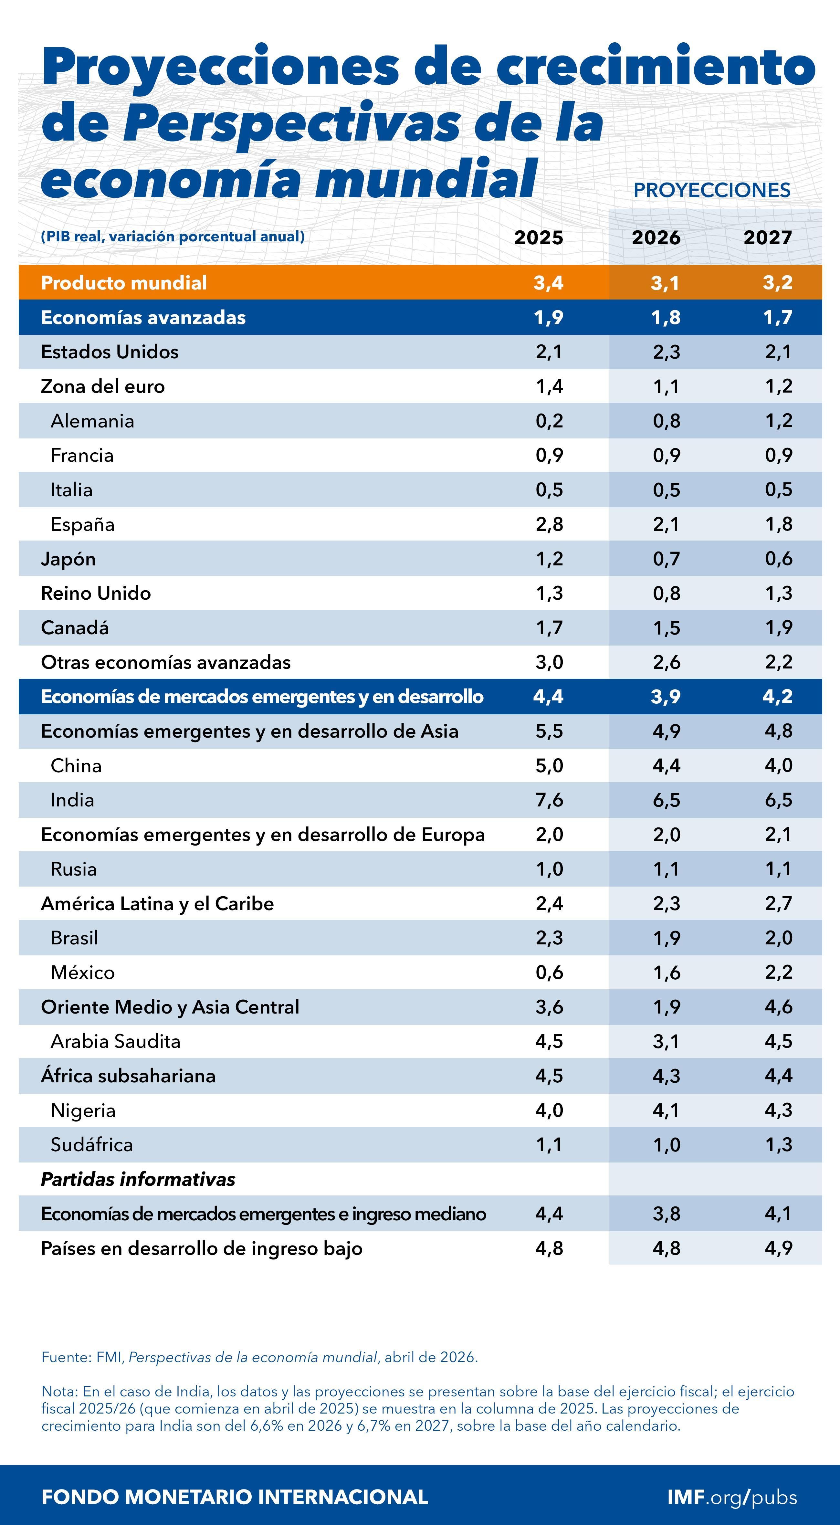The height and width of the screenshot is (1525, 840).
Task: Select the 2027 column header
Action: (x=767, y=237)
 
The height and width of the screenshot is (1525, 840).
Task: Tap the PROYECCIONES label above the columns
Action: (x=711, y=190)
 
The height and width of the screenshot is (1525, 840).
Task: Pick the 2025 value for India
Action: (x=549, y=800)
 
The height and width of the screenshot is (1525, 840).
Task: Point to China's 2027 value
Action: (x=778, y=765)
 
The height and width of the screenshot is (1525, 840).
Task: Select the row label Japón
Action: (x=68, y=559)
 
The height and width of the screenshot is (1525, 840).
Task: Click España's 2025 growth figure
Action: (x=549, y=524)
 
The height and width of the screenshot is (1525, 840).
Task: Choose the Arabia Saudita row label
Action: (x=115, y=1041)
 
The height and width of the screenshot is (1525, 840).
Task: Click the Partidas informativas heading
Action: (x=138, y=1179)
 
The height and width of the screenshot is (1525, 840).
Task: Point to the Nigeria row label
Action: (x=83, y=1110)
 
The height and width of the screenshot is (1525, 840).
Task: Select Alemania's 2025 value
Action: (x=549, y=421)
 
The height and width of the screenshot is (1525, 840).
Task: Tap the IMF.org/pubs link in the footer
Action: (x=732, y=1497)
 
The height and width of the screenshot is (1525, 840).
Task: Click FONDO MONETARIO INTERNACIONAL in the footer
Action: (x=235, y=1497)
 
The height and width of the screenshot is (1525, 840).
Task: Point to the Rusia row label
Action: (x=73, y=869)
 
